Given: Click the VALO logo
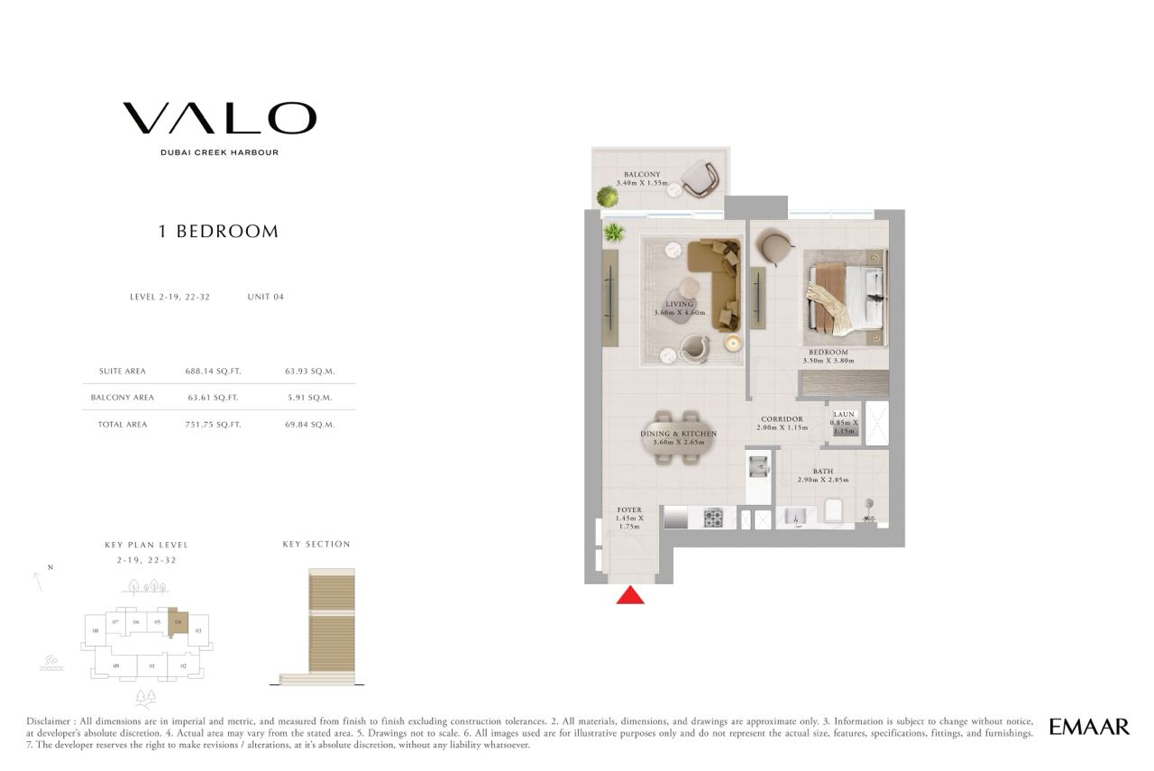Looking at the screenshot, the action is (219, 118).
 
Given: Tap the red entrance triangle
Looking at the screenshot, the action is (630, 595).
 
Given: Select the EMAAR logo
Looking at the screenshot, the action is (1089, 727).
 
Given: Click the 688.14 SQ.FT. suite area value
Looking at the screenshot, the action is (214, 371).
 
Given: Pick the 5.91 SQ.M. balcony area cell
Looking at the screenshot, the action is (309, 398).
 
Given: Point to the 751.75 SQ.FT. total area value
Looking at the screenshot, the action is (214, 425).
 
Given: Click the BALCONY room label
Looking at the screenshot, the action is (642, 175).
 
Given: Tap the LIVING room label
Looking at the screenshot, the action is (679, 304).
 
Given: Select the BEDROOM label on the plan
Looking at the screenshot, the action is (829, 353).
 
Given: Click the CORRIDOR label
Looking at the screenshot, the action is (782, 419).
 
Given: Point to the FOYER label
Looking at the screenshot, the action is (629, 509).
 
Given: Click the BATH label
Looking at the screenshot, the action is (823, 471).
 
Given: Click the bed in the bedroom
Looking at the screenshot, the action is (846, 298).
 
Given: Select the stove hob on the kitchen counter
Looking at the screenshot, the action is (713, 518).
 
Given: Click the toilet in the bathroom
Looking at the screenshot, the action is (833, 510).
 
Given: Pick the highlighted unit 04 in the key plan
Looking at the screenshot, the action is (179, 622).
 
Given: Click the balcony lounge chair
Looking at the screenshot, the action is (699, 179).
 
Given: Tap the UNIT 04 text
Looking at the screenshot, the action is (266, 297).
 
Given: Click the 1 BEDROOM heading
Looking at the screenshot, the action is (218, 232).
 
